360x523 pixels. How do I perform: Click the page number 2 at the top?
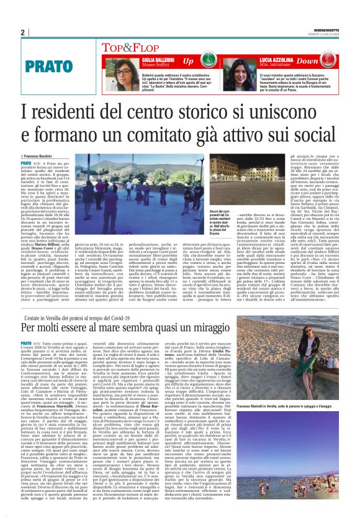click(22, 32)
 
